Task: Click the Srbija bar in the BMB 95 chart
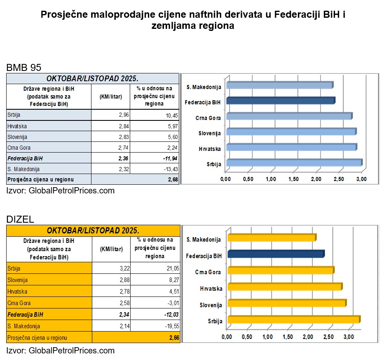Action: [x=293, y=163]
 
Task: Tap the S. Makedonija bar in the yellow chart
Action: [x=271, y=238]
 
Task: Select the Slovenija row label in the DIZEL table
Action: [x=18, y=280]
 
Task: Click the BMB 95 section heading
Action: [x=24, y=68]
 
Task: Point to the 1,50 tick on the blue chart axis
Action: [x=293, y=179]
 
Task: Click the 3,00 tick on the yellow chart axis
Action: [x=348, y=337]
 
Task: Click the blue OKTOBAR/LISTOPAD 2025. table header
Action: [x=93, y=79]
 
